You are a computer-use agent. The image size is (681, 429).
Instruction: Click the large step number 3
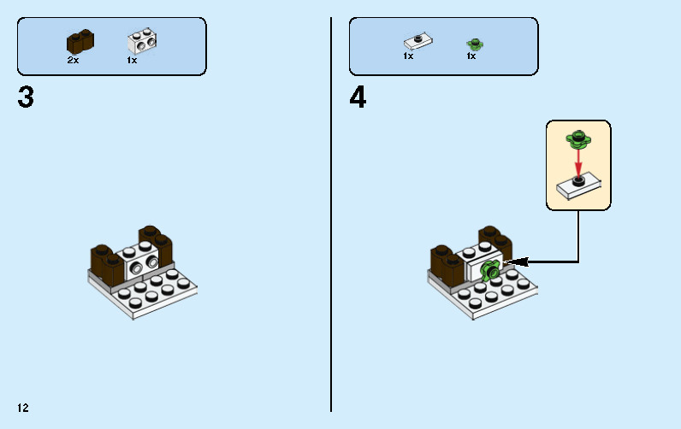pos(26,97)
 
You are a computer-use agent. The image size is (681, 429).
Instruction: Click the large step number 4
pos(358,97)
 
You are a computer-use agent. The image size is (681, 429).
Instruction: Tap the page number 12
pos(23,408)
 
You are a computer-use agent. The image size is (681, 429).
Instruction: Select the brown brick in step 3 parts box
pos(80,42)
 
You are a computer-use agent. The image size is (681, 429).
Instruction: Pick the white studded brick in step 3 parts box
pos(142,41)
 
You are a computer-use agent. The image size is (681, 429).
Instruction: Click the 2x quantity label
pos(73,61)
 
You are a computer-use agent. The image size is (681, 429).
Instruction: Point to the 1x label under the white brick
pos(132,61)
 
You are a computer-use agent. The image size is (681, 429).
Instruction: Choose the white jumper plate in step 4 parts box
pos(417,41)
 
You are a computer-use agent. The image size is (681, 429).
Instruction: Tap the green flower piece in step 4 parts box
pos(475,44)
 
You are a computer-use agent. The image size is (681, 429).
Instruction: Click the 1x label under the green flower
pos(471,56)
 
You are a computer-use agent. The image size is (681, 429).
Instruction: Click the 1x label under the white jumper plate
pos(408,56)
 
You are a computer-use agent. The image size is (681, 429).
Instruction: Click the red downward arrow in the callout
pos(578,162)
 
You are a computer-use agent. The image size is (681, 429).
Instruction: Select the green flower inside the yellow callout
pos(578,138)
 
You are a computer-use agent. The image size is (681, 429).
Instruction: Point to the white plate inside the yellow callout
pos(578,185)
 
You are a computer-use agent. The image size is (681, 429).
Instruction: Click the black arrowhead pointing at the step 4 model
pos(516,262)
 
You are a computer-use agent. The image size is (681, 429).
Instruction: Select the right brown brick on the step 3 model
pos(156,246)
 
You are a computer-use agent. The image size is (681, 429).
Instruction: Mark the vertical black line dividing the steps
pos(331,214)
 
